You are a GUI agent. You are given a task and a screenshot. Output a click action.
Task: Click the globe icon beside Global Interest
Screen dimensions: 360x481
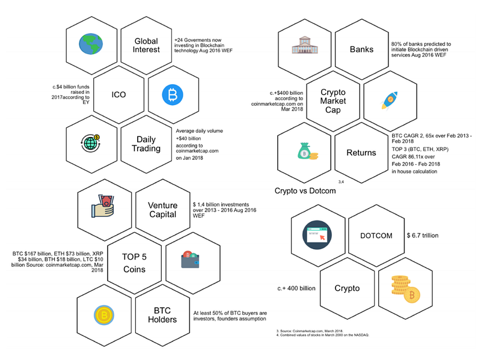[x=92, y=43]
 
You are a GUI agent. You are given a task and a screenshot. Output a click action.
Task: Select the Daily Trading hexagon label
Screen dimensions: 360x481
[x=147, y=144]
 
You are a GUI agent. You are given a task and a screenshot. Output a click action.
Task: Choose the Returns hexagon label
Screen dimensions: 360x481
[x=361, y=153]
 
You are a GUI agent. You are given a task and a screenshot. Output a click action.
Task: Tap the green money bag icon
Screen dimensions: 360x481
[x=308, y=153]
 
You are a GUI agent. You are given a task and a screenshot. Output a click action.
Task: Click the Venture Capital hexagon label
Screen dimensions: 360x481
[x=162, y=210]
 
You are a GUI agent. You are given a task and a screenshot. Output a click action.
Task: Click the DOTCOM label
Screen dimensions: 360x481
[x=376, y=236]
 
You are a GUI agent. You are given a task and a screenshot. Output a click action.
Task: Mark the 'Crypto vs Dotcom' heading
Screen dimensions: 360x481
[x=305, y=191]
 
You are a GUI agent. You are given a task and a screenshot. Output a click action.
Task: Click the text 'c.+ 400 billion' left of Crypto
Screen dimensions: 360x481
[x=296, y=288]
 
